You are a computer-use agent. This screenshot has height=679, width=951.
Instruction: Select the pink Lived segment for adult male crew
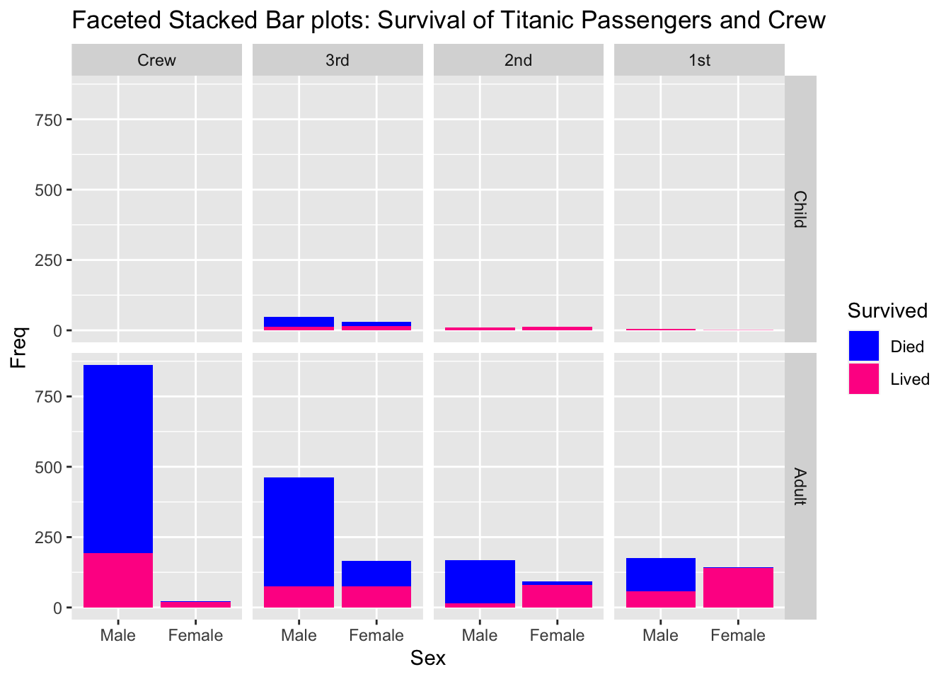tap(118, 580)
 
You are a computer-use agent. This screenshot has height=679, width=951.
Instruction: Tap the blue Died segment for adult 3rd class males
tap(299, 531)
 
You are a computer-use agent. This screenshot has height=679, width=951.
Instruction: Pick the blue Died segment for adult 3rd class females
tap(376, 574)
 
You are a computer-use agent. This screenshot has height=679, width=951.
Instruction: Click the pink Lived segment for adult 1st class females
tap(738, 588)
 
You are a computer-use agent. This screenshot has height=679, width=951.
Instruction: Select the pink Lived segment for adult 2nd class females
tap(558, 596)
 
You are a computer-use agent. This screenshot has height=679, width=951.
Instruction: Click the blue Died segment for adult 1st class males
tap(660, 574)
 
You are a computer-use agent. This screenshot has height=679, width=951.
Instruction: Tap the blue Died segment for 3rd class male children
tap(299, 321)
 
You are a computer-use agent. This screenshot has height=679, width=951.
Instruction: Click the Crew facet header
tap(156, 60)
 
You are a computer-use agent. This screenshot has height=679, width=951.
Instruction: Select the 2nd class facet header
tap(518, 60)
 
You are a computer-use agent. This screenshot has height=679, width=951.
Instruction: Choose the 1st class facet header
tap(699, 60)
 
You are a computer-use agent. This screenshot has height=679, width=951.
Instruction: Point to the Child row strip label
tap(800, 209)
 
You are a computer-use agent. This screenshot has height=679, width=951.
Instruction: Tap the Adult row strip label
tap(800, 487)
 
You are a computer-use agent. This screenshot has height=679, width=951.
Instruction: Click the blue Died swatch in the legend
tap(864, 346)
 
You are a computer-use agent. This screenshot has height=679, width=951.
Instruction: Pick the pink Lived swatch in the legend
tap(864, 379)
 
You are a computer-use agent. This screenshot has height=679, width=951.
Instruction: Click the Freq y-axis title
tap(19, 347)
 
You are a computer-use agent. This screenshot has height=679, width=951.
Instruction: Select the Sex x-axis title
tap(428, 658)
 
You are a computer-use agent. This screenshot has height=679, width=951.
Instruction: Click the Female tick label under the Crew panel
tap(195, 635)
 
